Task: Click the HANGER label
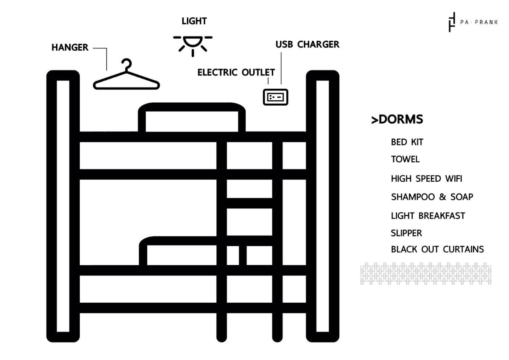70,48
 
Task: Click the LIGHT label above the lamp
194,21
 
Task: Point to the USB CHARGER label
307,45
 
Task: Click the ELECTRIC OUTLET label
236,72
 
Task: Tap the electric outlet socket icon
276,97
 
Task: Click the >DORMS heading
397,119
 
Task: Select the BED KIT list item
407,142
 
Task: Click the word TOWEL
405,160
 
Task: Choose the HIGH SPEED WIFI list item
426,179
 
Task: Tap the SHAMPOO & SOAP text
432,197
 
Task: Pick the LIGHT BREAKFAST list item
428,216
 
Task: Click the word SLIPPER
406,233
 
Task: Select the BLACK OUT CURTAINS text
437,249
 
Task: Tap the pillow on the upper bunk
192,118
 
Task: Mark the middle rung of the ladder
249,203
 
